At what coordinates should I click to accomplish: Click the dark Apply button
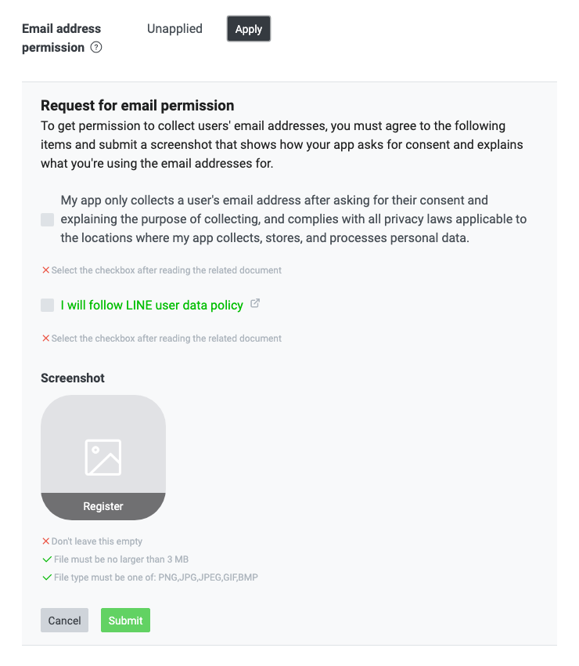coord(249,29)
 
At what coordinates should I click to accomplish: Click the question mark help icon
coord(96,47)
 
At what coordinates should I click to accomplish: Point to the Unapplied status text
coord(174,28)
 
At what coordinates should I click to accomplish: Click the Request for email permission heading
coord(138,106)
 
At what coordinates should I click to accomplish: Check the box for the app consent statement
coord(48,220)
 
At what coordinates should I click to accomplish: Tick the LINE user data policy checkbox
coord(48,305)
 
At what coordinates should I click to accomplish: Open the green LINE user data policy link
coord(152,305)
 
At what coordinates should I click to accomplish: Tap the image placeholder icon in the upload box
coord(103,457)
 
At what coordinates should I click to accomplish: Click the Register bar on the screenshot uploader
coord(103,506)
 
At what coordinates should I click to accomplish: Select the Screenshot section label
coord(73,378)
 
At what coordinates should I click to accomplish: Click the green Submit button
coord(125,621)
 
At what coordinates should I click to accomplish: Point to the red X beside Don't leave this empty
coord(45,541)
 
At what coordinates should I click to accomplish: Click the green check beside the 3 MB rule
coord(46,559)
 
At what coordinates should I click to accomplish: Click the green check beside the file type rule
coord(46,577)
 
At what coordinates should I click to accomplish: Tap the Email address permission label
coord(62,38)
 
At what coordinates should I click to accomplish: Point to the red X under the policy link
coord(45,338)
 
